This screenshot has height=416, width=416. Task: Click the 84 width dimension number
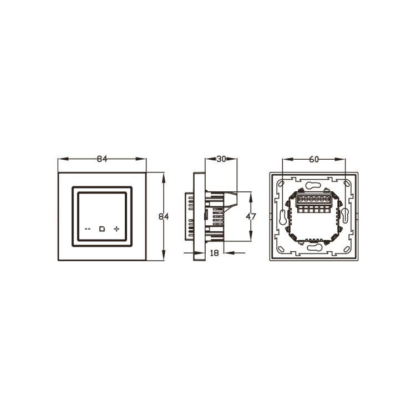tap(102, 159)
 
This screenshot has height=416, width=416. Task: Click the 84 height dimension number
tap(164, 216)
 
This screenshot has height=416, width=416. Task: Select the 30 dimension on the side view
tap(221, 159)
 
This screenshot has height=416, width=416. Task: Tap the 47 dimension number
tap(251, 216)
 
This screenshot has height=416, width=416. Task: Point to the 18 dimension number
tap(214, 253)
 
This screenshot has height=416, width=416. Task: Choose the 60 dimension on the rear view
tap(314, 159)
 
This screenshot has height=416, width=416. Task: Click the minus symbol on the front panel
tap(88, 229)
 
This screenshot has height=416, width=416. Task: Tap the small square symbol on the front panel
tap(102, 229)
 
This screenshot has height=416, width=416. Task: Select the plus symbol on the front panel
tap(116, 229)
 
